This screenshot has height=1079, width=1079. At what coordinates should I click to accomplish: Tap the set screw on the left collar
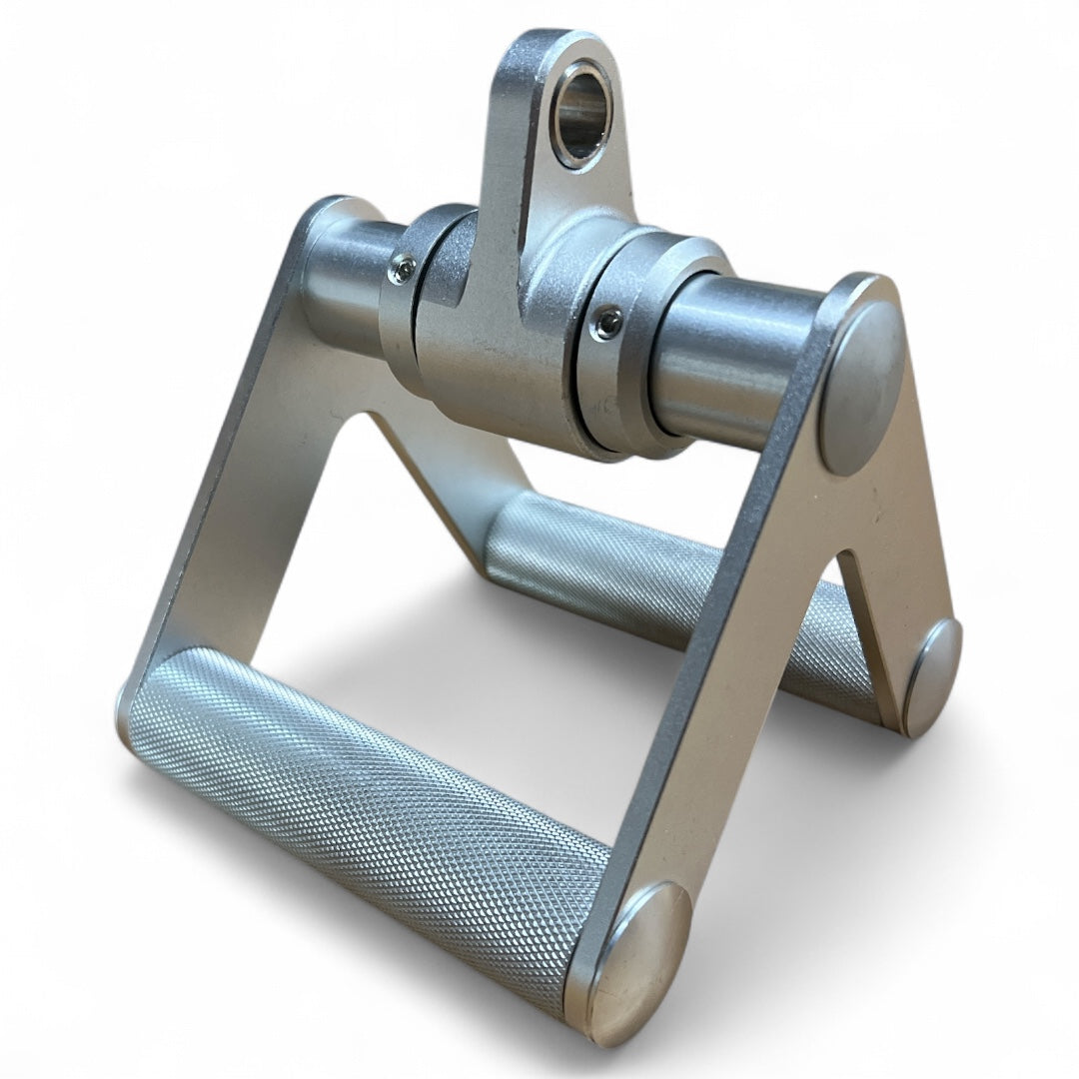point(403,269)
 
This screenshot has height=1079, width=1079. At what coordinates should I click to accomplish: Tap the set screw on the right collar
point(606,323)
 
